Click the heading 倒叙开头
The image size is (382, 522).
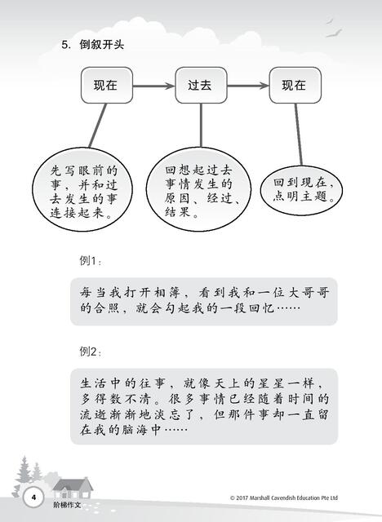[x=101, y=44]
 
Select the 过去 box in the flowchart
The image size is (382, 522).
[x=201, y=85]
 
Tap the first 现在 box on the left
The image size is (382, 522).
[x=107, y=85]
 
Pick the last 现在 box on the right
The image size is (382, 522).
[x=295, y=85]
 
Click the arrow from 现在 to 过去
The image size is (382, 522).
[x=154, y=86]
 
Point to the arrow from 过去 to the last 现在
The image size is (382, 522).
[x=248, y=86]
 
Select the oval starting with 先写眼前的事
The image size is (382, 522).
[x=82, y=189]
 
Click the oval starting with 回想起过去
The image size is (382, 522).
[x=198, y=189]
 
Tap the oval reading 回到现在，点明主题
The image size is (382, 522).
[x=302, y=190]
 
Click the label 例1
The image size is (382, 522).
[x=90, y=261]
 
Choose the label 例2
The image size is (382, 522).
[x=90, y=352]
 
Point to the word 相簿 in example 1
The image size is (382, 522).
[x=168, y=293]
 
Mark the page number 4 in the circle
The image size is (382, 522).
[x=33, y=498]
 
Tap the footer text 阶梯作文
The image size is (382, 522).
[x=67, y=505]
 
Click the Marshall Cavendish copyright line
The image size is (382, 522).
[x=284, y=498]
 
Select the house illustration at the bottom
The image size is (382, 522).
[x=73, y=488]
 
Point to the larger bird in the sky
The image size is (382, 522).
[x=334, y=33]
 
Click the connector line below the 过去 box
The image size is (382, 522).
[x=201, y=125]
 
